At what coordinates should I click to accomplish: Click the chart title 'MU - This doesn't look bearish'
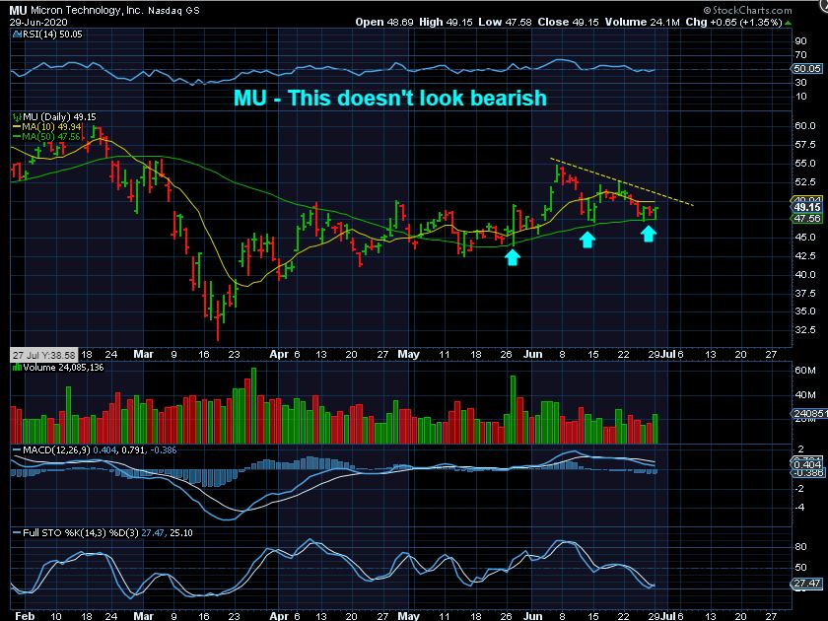[x=389, y=99]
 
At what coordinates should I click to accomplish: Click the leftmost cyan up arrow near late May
[x=513, y=256]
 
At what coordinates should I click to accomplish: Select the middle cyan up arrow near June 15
[x=586, y=239]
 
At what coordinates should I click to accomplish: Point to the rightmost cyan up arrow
[x=649, y=233]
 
